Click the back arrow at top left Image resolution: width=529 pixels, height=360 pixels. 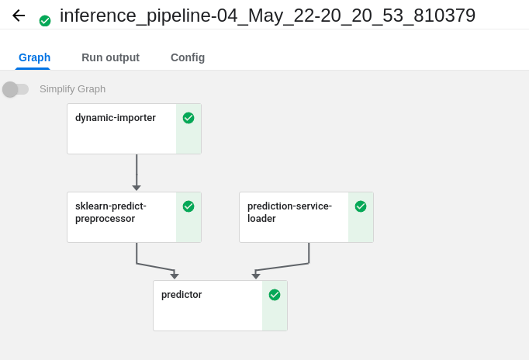pos(19,16)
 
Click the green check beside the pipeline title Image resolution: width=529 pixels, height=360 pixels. pos(45,21)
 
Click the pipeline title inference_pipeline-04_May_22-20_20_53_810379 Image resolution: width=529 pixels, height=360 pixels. pos(267,16)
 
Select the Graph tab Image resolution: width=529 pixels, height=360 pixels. pos(34,57)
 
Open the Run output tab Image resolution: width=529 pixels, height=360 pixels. pos(110,57)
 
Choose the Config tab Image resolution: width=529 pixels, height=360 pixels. pos(188,57)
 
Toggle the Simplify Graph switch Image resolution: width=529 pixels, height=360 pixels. pos(16,89)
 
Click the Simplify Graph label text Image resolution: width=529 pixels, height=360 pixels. pos(72,89)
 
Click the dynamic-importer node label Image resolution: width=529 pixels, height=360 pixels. pos(116,118)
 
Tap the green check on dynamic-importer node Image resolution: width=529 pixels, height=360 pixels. pos(188,118)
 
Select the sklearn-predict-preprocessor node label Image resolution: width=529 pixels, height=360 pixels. pos(111,212)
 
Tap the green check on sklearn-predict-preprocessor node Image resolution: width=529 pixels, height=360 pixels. pos(188,206)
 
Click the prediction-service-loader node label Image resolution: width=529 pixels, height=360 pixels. pos(289,212)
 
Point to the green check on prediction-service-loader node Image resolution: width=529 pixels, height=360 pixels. pos(361,206)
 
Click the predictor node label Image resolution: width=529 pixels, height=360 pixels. pos(182,295)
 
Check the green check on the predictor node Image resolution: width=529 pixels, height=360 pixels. pos(275,295)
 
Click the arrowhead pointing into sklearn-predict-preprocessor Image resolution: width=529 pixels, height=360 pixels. pos(137,188)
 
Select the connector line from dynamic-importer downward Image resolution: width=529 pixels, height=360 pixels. pos(137,169)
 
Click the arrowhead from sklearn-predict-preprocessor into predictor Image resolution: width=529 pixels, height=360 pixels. pos(175,276)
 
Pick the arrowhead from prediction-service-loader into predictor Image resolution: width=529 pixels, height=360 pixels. pos(256,276)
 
